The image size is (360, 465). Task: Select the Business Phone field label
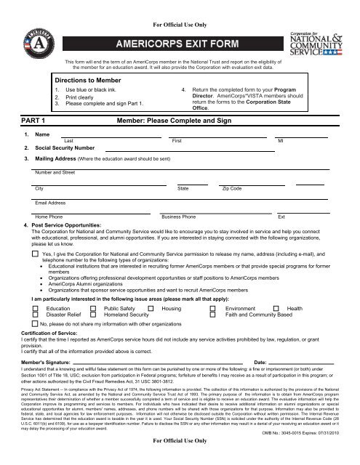[178, 217]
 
